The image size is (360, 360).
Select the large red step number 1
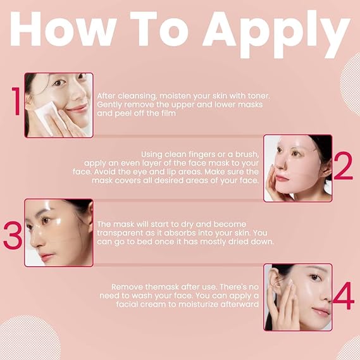(x=16, y=101)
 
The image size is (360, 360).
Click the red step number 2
(x=344, y=165)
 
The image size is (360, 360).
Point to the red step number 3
(x=13, y=235)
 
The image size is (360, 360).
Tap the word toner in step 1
(x=259, y=96)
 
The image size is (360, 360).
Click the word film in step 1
(x=168, y=113)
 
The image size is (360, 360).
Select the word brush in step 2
(x=247, y=154)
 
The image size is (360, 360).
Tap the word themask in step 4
(x=162, y=287)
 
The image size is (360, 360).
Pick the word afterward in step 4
(x=239, y=304)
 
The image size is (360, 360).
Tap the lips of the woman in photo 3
(x=47, y=256)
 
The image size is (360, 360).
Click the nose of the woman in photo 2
(x=280, y=164)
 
